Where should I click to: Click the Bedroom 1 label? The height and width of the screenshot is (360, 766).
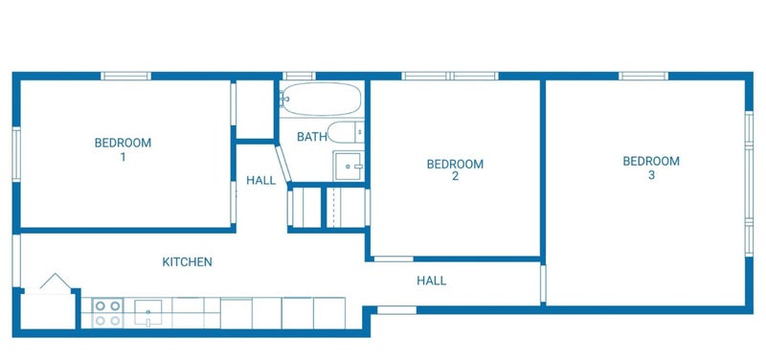[x=124, y=150]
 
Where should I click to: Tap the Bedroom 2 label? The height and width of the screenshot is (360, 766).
[x=456, y=170]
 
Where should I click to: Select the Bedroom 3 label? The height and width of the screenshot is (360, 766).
[x=651, y=168]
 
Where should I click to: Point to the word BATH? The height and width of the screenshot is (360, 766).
[x=312, y=137]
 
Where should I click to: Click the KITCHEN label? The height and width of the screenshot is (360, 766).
[x=187, y=261]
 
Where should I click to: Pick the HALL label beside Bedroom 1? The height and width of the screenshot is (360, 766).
[x=260, y=180]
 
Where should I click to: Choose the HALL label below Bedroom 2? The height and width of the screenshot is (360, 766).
[x=432, y=281]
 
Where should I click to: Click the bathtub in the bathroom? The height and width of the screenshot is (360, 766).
[x=322, y=99]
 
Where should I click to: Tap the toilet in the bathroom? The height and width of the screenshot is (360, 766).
[x=346, y=132]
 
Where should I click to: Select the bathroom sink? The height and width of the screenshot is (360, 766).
[x=349, y=166]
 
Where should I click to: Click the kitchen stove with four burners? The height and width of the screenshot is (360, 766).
[x=108, y=313]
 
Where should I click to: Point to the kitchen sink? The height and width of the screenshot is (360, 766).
[x=148, y=313]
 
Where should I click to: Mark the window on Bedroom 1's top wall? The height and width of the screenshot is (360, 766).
[x=126, y=76]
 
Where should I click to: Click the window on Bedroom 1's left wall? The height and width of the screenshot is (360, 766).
[x=16, y=154]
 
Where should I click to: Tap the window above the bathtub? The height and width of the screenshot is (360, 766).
[x=299, y=76]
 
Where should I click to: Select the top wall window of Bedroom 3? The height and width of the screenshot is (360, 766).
[x=643, y=76]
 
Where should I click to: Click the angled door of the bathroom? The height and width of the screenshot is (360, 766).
[x=283, y=164]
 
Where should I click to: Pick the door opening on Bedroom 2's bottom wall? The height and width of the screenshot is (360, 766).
[x=394, y=259]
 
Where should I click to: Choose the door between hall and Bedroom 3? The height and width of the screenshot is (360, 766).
[x=543, y=283]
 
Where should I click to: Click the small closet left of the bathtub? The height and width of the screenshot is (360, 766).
[x=255, y=110]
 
